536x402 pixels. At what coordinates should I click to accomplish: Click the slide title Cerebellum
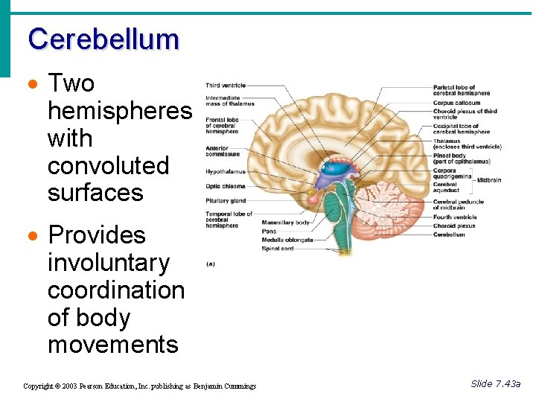pyautogui.click(x=103, y=39)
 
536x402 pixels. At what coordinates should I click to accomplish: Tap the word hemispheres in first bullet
pyautogui.click(x=119, y=111)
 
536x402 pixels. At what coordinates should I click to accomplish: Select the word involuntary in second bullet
pyautogui.click(x=109, y=262)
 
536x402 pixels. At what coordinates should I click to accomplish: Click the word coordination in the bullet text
pyautogui.click(x=115, y=290)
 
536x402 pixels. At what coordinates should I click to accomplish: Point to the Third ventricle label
pyautogui.click(x=226, y=86)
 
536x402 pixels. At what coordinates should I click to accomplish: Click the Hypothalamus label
pyautogui.click(x=225, y=172)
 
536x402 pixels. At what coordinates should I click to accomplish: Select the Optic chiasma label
pyautogui.click(x=225, y=186)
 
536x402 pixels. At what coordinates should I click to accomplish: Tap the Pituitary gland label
pyautogui.click(x=226, y=200)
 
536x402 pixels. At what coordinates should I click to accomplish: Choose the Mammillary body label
pyautogui.click(x=286, y=223)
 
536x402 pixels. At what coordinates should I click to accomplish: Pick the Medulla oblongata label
pyautogui.click(x=287, y=240)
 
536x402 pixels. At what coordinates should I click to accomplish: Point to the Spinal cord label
pyautogui.click(x=277, y=249)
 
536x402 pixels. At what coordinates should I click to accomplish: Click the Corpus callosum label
pyautogui.click(x=456, y=103)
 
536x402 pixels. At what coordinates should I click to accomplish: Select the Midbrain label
pyautogui.click(x=489, y=180)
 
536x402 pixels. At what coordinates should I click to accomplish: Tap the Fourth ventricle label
pyautogui.click(x=455, y=217)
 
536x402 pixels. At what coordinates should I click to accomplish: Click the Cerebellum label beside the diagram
pyautogui.click(x=449, y=234)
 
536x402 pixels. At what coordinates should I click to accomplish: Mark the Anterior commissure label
pyautogui.click(x=223, y=151)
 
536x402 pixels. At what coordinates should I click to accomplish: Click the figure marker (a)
pyautogui.click(x=210, y=264)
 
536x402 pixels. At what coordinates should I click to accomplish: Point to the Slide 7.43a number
pyautogui.click(x=495, y=383)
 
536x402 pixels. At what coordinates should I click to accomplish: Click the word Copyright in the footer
pyautogui.click(x=38, y=386)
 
